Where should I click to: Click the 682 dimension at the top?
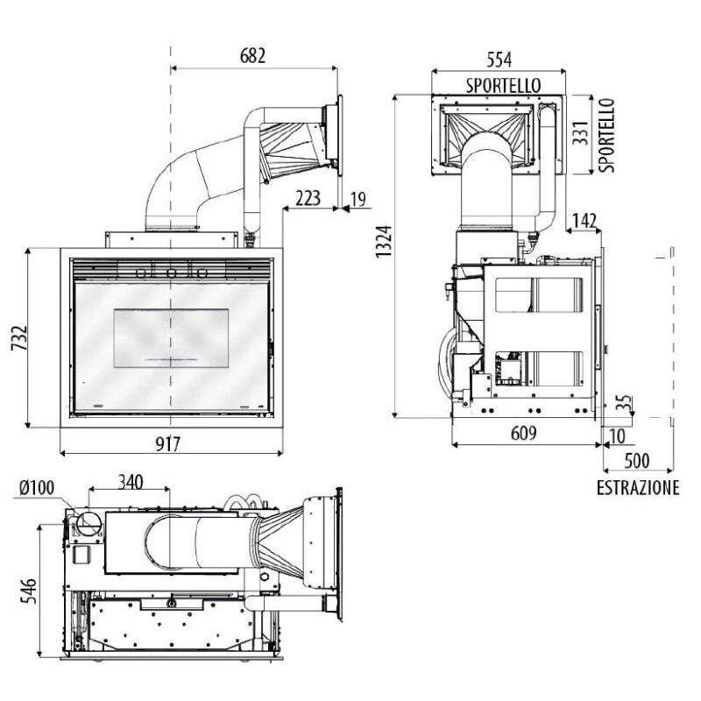tap(252, 56)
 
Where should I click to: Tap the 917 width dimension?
tap(168, 444)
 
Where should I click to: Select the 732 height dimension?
tap(20, 338)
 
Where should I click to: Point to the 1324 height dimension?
tap(384, 242)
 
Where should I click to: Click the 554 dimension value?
tap(499, 60)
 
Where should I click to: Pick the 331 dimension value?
tap(581, 132)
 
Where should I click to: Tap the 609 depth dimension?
tap(523, 433)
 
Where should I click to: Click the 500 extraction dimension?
tap(637, 461)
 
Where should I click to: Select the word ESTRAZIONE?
tap(638, 488)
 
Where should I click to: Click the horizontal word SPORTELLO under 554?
tap(503, 85)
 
